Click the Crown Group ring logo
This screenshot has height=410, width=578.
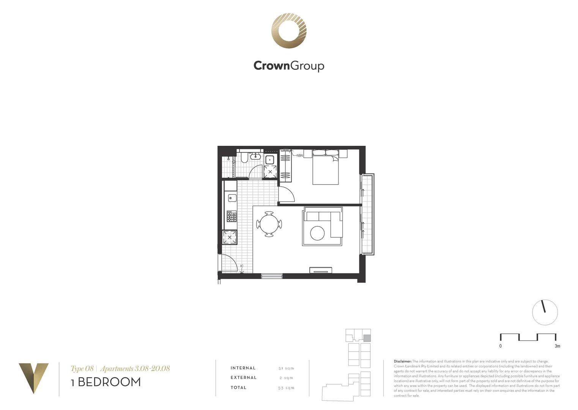[289, 31]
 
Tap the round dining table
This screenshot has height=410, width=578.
[269, 224]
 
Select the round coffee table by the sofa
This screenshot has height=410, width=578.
[317, 233]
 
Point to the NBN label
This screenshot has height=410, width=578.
[299, 156]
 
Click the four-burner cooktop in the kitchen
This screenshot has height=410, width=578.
[232, 217]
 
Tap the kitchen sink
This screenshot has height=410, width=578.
[232, 198]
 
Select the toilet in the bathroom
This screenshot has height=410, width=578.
[244, 158]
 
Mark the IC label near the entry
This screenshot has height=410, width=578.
[242, 266]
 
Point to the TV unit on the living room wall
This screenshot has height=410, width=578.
[321, 270]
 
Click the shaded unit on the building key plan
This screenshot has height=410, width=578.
[367, 338]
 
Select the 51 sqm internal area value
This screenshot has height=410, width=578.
[286, 368]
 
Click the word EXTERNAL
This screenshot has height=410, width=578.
[244, 378]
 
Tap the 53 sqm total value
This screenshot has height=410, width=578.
[286, 388]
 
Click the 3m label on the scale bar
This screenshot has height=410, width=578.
[557, 346]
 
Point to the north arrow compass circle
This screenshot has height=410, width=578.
[545, 312]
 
